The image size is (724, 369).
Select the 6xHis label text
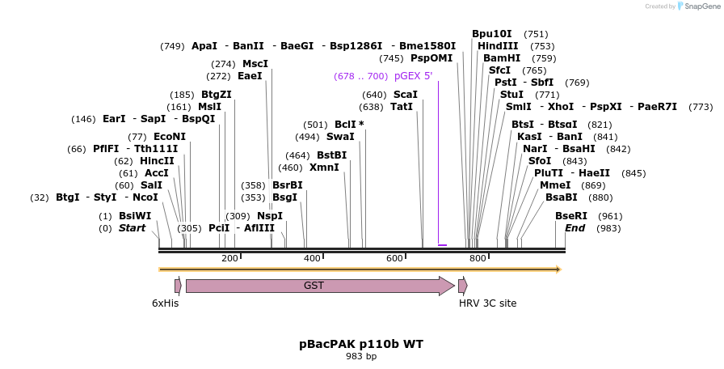point(165,303)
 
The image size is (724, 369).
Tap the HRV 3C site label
point(487,303)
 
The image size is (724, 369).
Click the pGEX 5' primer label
point(413,76)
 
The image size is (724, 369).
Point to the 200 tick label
point(229,259)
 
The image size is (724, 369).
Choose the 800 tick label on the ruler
point(478,259)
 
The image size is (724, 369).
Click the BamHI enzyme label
point(502,58)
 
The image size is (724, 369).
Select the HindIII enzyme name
point(498,46)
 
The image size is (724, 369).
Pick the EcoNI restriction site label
point(169,137)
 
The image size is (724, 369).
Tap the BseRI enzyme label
point(570,216)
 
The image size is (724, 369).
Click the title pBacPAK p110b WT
point(361,344)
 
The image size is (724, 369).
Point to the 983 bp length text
point(361,356)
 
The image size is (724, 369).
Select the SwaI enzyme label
point(340,137)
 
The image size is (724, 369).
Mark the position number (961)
point(611,216)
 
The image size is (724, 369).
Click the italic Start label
point(132,228)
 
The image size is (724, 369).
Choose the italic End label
point(575,228)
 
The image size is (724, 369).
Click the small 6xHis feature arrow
point(178,286)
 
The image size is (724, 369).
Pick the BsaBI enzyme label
point(561,197)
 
